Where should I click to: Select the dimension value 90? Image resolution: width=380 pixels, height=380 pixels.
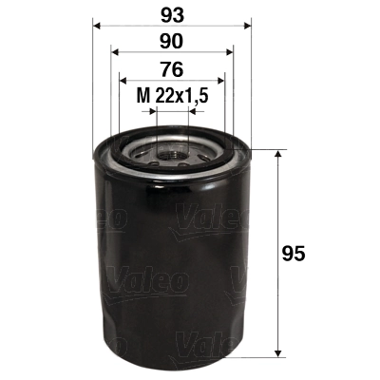pos(172,41)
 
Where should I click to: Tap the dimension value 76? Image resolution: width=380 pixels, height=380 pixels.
pos(172,68)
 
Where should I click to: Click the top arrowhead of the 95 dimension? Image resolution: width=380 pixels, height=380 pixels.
pos(277,154)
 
